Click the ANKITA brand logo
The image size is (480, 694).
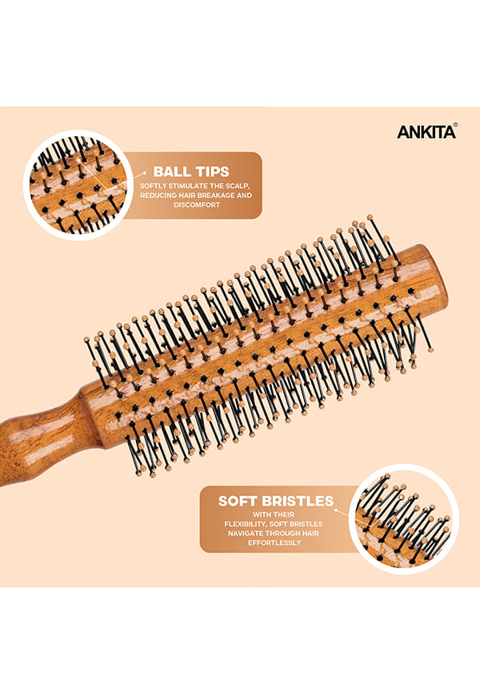[426, 132]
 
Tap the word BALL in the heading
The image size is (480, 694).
[171, 171]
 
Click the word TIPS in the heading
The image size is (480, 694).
[212, 171]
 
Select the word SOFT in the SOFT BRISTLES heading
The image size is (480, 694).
[238, 501]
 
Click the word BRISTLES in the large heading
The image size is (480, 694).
[297, 501]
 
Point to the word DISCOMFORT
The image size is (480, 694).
[197, 205]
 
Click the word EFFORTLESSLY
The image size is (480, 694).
[274, 543]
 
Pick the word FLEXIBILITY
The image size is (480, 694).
[246, 524]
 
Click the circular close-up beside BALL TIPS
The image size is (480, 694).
[78, 185]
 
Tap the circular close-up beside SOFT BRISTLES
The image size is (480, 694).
[403, 519]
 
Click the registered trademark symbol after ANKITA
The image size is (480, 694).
[455, 125]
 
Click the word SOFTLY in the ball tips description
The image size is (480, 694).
[153, 186]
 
